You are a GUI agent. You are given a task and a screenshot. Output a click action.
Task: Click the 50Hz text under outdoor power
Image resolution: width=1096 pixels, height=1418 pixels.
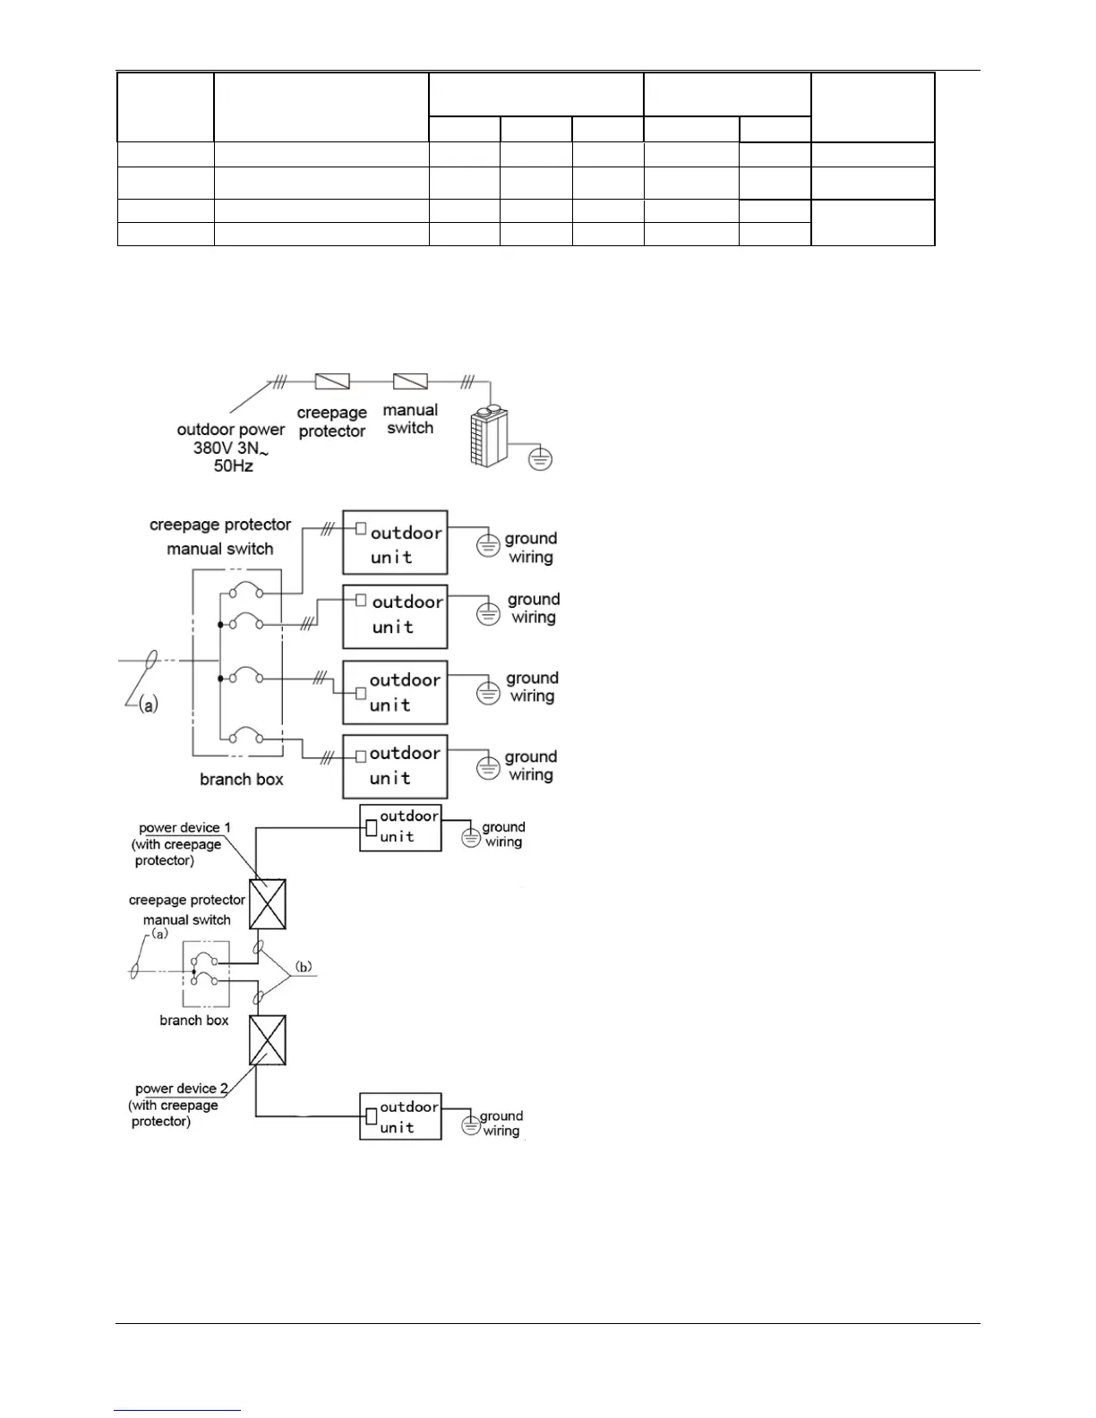pyautogui.click(x=233, y=466)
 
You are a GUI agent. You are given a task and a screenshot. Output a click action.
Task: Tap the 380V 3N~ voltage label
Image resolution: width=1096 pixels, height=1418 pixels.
pyautogui.click(x=230, y=448)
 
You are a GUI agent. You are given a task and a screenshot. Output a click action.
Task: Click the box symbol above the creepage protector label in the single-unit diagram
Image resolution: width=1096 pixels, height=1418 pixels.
pyautogui.click(x=332, y=382)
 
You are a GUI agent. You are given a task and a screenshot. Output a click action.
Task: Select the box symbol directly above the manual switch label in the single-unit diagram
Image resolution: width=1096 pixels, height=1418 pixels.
pyautogui.click(x=410, y=381)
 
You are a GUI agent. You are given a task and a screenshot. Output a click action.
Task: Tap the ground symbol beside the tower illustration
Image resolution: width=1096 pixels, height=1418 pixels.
pyautogui.click(x=540, y=459)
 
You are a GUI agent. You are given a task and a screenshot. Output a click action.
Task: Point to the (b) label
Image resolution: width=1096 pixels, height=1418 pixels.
pyautogui.click(x=304, y=967)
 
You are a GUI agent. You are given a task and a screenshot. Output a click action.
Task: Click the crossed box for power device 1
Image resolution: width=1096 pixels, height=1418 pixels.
pyautogui.click(x=268, y=903)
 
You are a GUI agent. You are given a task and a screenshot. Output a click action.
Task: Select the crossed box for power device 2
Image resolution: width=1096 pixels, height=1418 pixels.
pyautogui.click(x=268, y=1039)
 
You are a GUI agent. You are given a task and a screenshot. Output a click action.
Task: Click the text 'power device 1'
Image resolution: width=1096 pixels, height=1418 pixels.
pyautogui.click(x=184, y=828)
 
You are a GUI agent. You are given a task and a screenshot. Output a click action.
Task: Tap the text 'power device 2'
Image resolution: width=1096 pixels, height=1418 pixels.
pyautogui.click(x=182, y=1089)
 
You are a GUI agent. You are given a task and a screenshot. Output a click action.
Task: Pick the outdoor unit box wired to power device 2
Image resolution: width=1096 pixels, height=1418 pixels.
pyautogui.click(x=400, y=1116)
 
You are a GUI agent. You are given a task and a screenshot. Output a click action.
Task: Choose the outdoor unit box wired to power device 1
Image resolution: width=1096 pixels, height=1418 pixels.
pyautogui.click(x=400, y=827)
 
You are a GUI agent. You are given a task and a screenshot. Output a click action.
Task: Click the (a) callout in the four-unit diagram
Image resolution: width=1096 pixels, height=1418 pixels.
pyautogui.click(x=149, y=705)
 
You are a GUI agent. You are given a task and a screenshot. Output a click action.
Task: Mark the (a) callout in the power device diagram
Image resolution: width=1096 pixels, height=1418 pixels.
pyautogui.click(x=158, y=934)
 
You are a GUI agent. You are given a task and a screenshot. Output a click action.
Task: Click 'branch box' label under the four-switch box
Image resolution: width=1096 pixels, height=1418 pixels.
pyautogui.click(x=242, y=780)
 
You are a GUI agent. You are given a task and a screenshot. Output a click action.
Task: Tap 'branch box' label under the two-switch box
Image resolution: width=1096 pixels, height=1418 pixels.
pyautogui.click(x=194, y=1021)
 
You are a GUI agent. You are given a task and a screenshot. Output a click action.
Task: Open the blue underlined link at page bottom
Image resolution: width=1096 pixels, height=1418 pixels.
pyautogui.click(x=177, y=1410)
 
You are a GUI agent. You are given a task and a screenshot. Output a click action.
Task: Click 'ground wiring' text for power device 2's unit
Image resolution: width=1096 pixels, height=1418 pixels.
pyautogui.click(x=501, y=1123)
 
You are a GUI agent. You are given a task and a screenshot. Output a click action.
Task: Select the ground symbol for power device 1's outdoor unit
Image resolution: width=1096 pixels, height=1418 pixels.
pyautogui.click(x=471, y=838)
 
